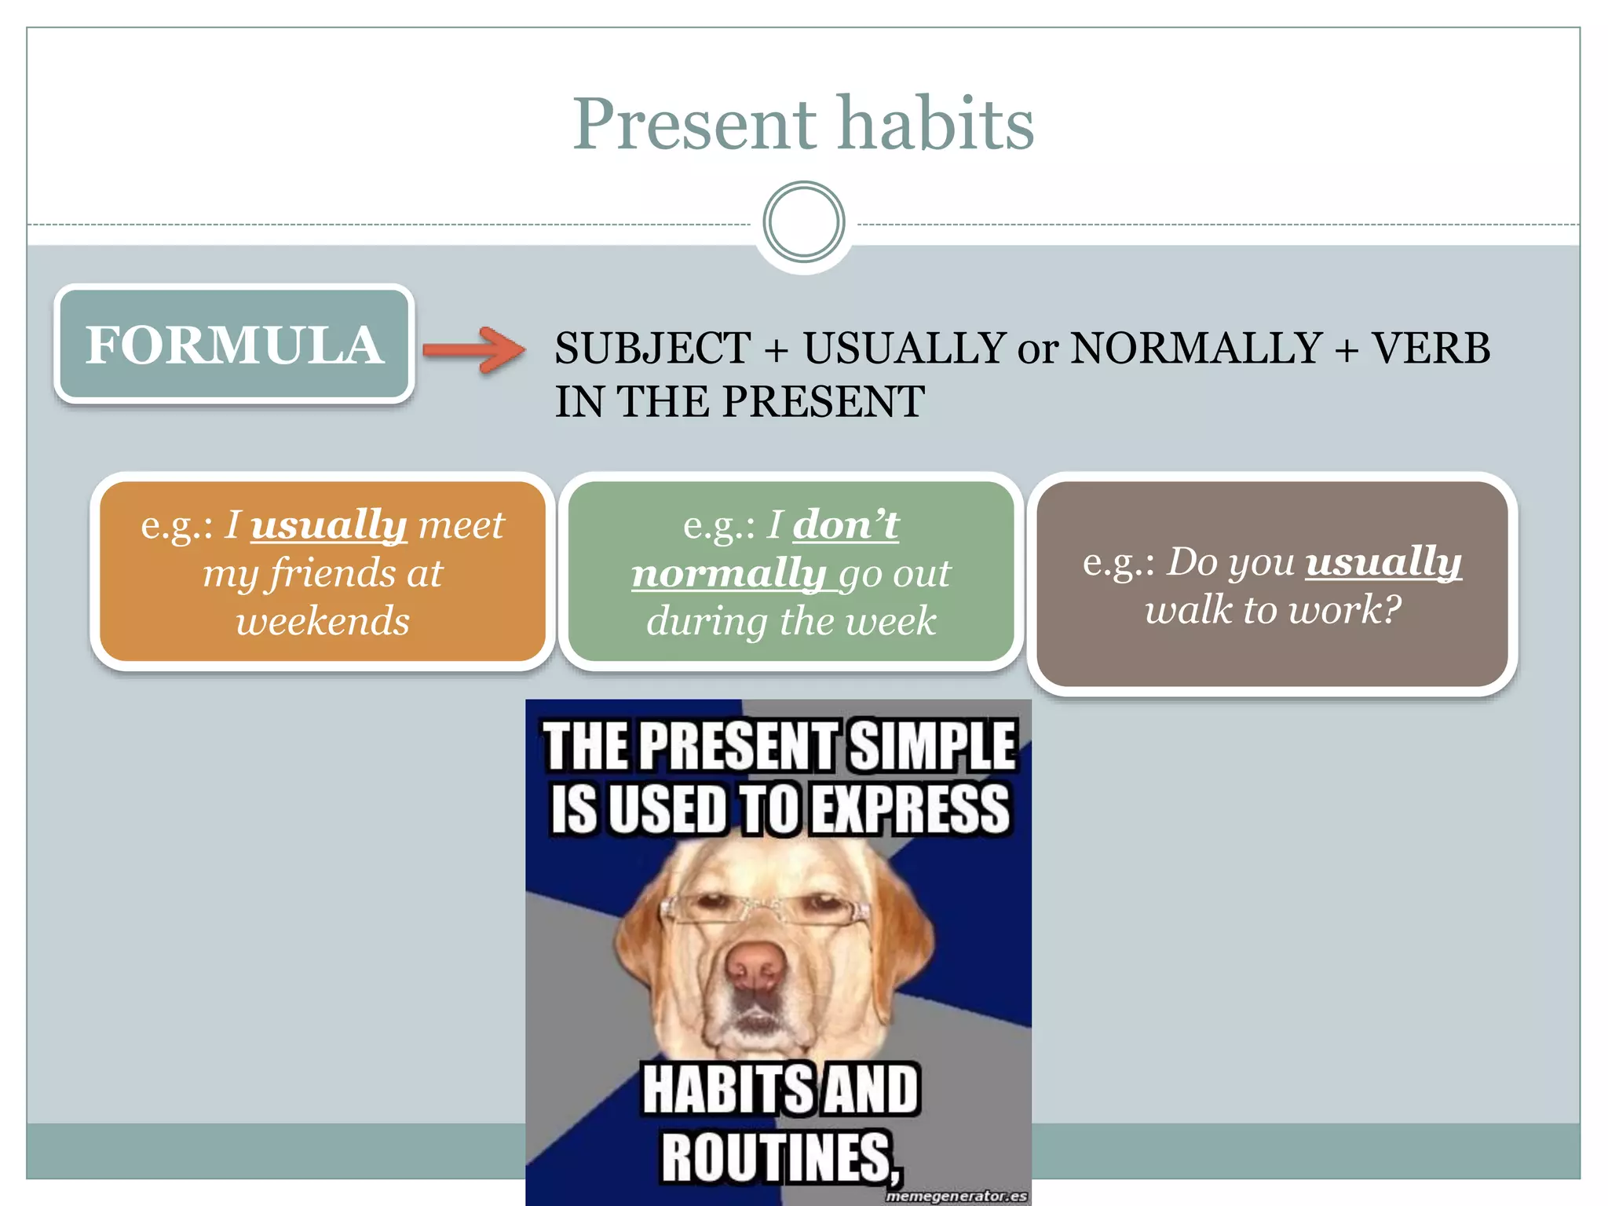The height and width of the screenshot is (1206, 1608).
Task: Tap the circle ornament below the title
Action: (x=803, y=222)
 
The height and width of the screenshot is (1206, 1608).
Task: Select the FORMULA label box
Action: (x=234, y=345)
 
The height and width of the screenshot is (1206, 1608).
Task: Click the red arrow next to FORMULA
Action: (x=474, y=349)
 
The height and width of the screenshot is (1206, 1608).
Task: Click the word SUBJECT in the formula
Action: (x=652, y=348)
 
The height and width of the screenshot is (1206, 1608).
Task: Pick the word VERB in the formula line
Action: (x=1430, y=348)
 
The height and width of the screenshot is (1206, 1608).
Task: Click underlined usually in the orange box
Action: (x=328, y=525)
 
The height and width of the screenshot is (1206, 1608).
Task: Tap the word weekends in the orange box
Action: (x=323, y=621)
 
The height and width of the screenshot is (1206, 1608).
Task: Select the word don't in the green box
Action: (x=846, y=524)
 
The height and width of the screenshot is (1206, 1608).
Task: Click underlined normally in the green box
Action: (x=727, y=573)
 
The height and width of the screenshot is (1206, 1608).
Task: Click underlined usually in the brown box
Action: (x=1383, y=562)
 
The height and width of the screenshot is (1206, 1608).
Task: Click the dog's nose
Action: (x=755, y=967)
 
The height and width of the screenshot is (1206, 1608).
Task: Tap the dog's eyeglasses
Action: (x=766, y=912)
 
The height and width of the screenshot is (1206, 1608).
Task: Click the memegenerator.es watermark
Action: (x=956, y=1196)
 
